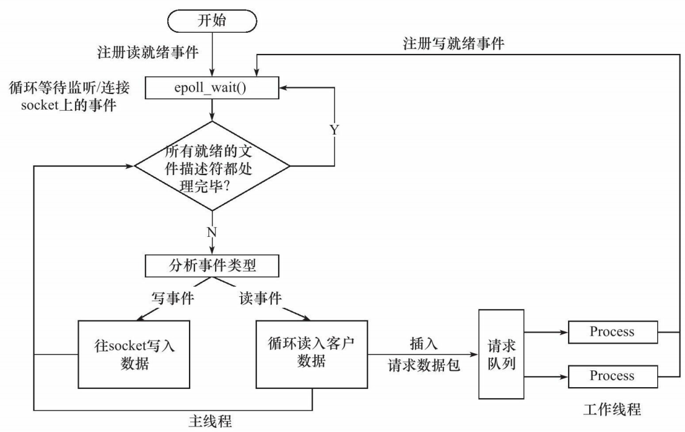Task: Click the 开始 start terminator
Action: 212,21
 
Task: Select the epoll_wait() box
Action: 212,88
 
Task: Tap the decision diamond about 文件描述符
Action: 212,166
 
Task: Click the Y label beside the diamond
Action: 334,130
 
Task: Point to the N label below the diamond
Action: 212,232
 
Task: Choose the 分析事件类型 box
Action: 212,266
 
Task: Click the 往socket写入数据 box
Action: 134,354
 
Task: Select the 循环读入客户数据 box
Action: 311,354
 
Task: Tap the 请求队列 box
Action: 501,354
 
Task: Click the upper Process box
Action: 612,332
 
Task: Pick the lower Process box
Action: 612,376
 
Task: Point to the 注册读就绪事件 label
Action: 148,53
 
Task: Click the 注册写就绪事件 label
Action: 454,44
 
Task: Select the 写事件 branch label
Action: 173,298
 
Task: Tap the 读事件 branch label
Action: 261,298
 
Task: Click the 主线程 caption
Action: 211,421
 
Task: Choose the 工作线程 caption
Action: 612,410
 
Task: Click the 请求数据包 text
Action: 424,365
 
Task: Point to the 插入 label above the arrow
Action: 424,344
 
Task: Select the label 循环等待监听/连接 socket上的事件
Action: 70,96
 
